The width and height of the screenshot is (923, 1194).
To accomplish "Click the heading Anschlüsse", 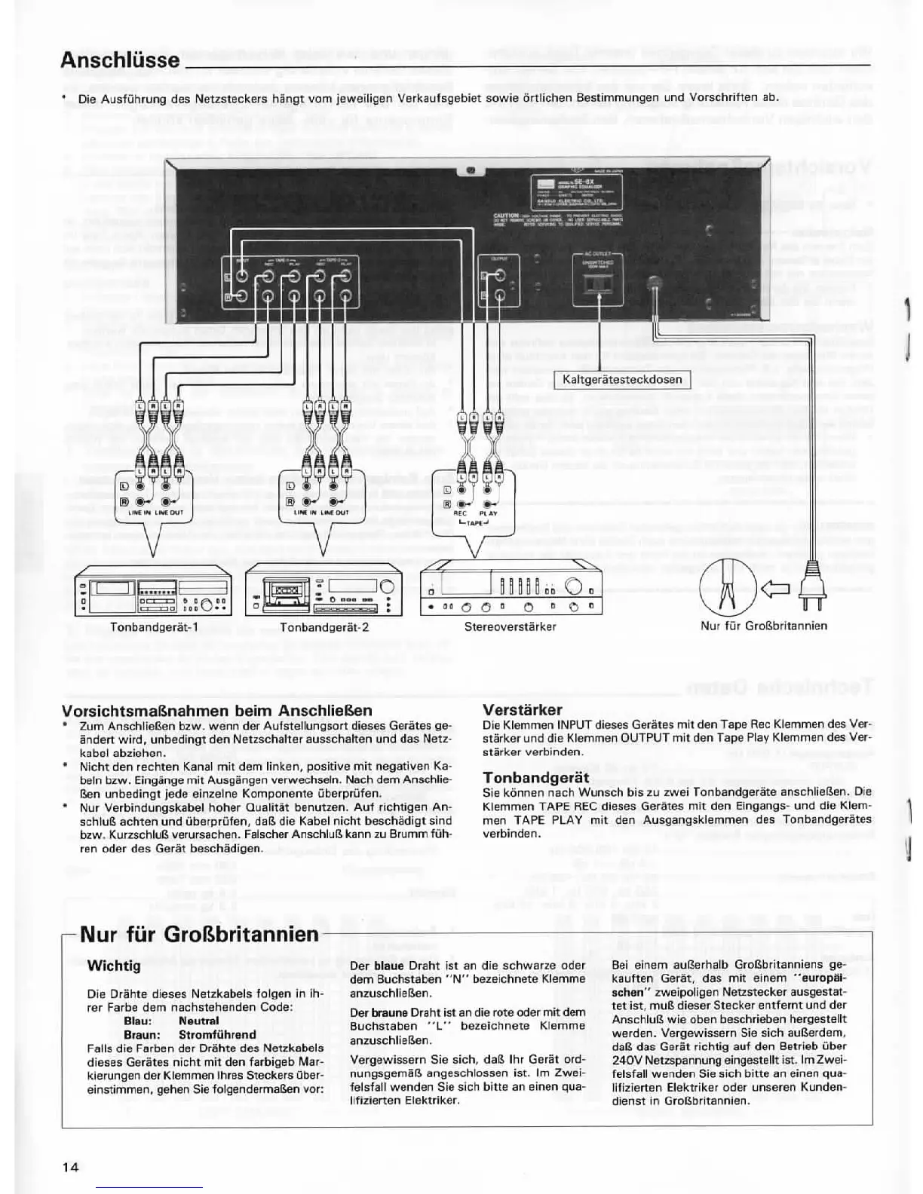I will point(120,60).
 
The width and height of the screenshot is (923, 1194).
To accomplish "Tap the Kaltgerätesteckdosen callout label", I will point(622,379).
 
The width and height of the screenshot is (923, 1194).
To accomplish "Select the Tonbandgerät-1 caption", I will point(154,626).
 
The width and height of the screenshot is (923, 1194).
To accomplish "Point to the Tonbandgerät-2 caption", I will point(324,626).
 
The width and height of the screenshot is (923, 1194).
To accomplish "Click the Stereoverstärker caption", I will point(511,626).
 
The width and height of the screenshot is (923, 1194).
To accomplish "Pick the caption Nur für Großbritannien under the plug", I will point(764,626).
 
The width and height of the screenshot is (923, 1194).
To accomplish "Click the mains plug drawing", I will point(812,587).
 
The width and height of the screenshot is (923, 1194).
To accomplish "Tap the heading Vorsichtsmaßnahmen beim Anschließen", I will point(216,710).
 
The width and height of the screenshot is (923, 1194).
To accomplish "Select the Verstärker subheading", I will point(522,709).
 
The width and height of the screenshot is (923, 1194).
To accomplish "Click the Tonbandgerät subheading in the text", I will point(535,777).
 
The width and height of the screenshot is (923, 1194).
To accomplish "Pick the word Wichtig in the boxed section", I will point(114,966).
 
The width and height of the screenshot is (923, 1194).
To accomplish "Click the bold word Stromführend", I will point(217,1034).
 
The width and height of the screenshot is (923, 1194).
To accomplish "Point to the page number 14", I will point(70,1167).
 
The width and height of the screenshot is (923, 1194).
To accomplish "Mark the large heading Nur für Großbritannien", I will point(199,935).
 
